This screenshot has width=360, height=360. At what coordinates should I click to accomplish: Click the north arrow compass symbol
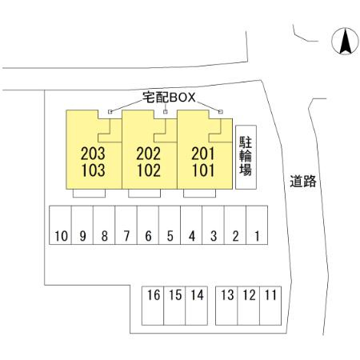(x=345, y=41)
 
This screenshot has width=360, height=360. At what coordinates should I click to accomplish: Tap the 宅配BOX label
(x=169, y=98)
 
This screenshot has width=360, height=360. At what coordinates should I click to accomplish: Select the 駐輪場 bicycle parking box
(x=246, y=157)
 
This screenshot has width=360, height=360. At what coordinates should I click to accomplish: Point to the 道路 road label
(x=303, y=181)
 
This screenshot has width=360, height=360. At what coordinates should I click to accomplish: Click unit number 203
(x=93, y=154)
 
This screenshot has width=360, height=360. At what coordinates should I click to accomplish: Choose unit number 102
(x=149, y=170)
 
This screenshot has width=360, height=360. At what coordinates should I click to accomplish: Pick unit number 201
(x=203, y=154)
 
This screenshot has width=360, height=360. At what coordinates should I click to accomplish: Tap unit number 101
(x=203, y=170)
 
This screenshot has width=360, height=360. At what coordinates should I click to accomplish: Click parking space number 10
(x=60, y=225)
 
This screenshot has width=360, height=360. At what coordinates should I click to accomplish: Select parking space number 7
(x=126, y=225)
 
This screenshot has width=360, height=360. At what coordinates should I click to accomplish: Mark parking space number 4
(x=191, y=225)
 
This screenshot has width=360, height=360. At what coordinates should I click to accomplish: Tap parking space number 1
(x=257, y=225)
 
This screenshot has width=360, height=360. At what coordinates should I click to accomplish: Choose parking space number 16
(x=153, y=306)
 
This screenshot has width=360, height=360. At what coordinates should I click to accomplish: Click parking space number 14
(x=196, y=306)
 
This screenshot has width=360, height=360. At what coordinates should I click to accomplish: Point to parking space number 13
(x=226, y=306)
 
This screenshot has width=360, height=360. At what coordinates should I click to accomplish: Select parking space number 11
(x=270, y=306)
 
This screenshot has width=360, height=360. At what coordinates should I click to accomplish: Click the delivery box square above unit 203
(x=110, y=112)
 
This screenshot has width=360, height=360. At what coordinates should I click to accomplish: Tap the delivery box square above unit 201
(x=221, y=112)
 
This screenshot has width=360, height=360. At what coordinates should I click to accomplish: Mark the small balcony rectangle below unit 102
(x=144, y=194)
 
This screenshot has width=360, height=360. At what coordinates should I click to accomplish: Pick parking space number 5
(x=170, y=225)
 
